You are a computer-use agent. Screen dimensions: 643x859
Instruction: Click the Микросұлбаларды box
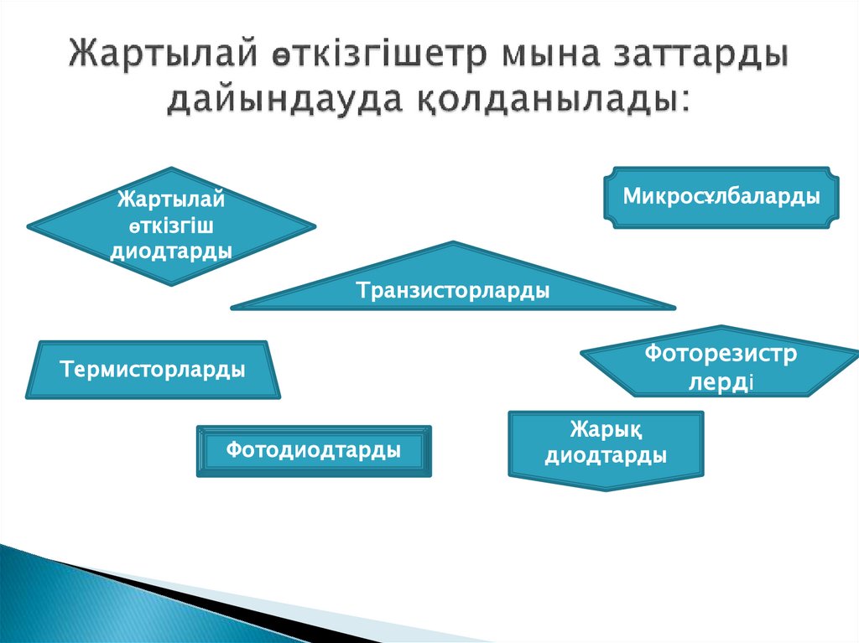pos(721,197)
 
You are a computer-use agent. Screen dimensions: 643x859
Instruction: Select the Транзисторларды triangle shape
pos(453,290)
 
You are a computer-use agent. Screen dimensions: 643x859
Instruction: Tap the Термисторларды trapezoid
pos(152,370)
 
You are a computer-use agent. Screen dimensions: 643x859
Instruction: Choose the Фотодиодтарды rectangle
pos(313,451)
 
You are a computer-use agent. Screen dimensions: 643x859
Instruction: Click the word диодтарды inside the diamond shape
pos(171,251)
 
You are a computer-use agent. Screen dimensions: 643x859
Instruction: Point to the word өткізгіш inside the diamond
pos(171,226)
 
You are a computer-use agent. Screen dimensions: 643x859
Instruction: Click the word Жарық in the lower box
pos(606,431)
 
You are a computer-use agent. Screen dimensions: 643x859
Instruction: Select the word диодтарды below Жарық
pos(606,456)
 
